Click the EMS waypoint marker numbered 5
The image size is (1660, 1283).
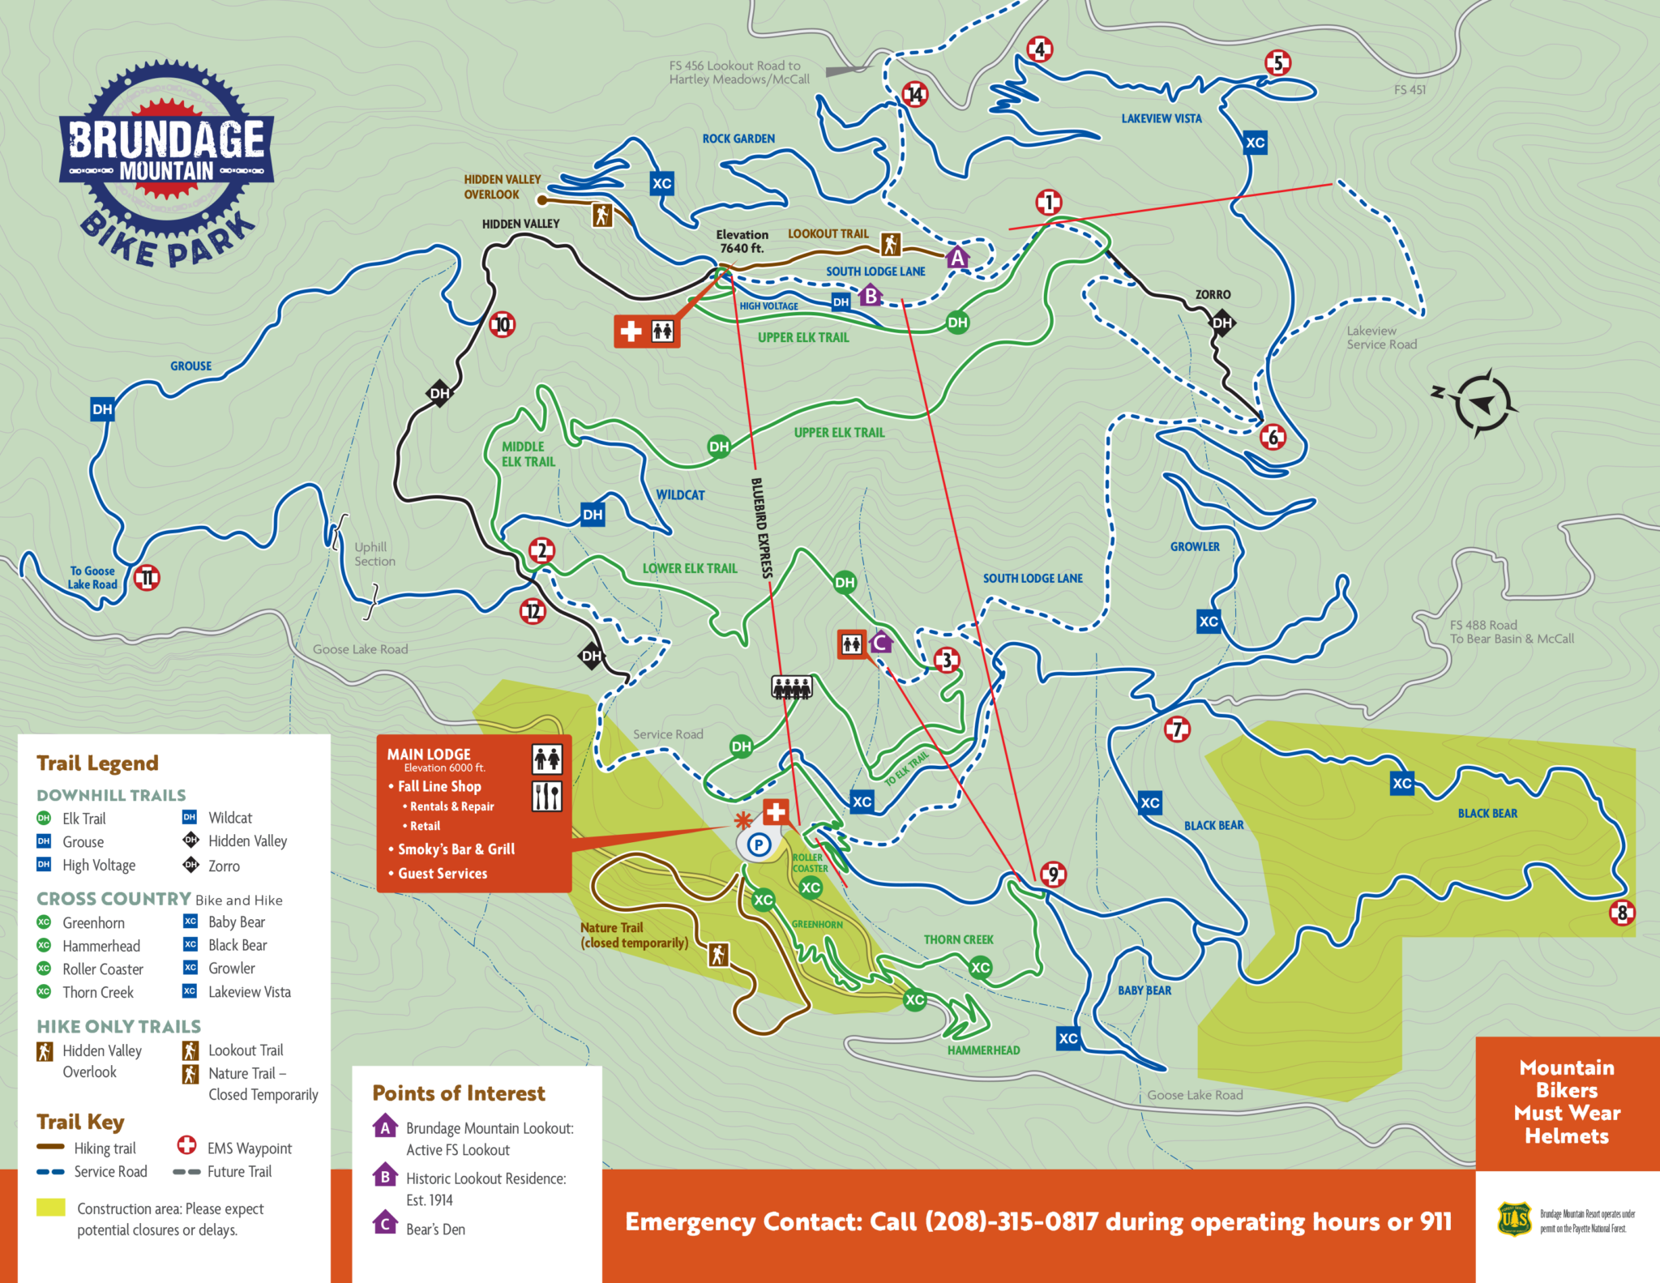tap(1277, 63)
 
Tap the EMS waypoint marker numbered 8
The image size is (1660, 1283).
tap(1622, 913)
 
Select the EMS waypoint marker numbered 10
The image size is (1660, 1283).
tap(503, 325)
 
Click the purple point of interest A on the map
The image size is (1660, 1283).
tap(957, 258)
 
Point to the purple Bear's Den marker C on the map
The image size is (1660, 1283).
tap(881, 643)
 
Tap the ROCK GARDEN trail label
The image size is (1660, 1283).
tap(738, 139)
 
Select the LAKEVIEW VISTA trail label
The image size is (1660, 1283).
tap(1161, 118)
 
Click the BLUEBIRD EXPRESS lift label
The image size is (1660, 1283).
tap(762, 528)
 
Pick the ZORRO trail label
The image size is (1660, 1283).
tap(1213, 294)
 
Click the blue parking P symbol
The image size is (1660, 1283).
tap(759, 845)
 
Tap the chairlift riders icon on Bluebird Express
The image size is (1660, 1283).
tap(791, 688)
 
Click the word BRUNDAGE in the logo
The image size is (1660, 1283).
tap(166, 139)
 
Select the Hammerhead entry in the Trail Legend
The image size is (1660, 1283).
tap(101, 946)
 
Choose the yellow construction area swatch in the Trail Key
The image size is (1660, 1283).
tap(50, 1208)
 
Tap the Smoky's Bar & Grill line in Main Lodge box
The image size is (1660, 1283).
tap(456, 849)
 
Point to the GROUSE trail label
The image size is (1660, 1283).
tap(190, 366)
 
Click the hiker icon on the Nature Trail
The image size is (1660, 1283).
tap(718, 955)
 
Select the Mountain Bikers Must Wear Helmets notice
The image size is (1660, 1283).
tap(1567, 1101)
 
